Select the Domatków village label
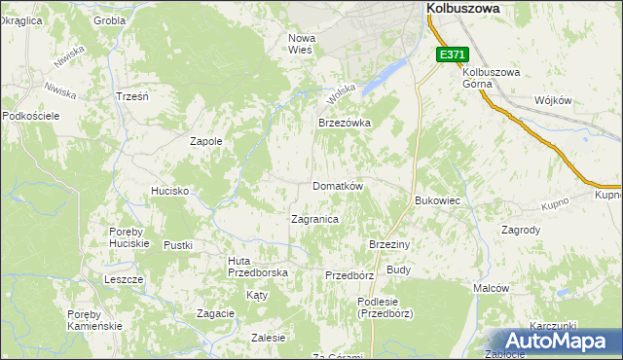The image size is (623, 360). point(337,185)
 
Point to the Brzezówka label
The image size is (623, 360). point(346,124)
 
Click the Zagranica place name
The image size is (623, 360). point(314,219)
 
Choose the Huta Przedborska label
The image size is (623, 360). point(257,267)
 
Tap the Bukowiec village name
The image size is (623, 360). point(437,199)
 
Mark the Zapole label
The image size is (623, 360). point(205,141)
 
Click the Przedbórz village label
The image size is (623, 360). point(348,275)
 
